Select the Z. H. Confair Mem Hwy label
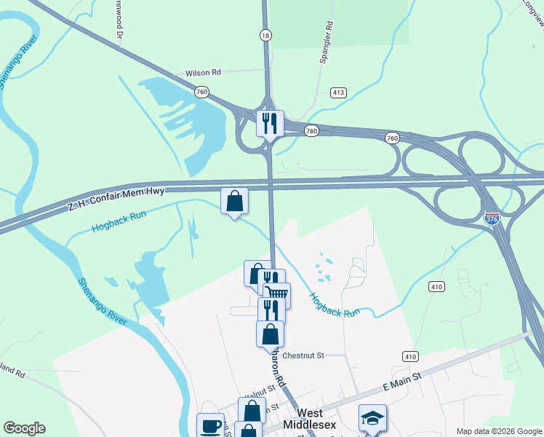(x=116, y=197)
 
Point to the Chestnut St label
(x=303, y=355)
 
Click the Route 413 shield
(x=338, y=92)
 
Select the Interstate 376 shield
(x=492, y=217)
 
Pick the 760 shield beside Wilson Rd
(x=202, y=92)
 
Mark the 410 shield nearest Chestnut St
(x=410, y=356)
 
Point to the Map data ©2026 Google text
(x=498, y=431)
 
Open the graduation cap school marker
(x=372, y=419)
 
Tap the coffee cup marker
(x=211, y=426)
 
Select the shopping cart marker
(x=276, y=296)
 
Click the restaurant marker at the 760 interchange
(x=270, y=123)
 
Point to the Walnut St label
(x=259, y=391)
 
